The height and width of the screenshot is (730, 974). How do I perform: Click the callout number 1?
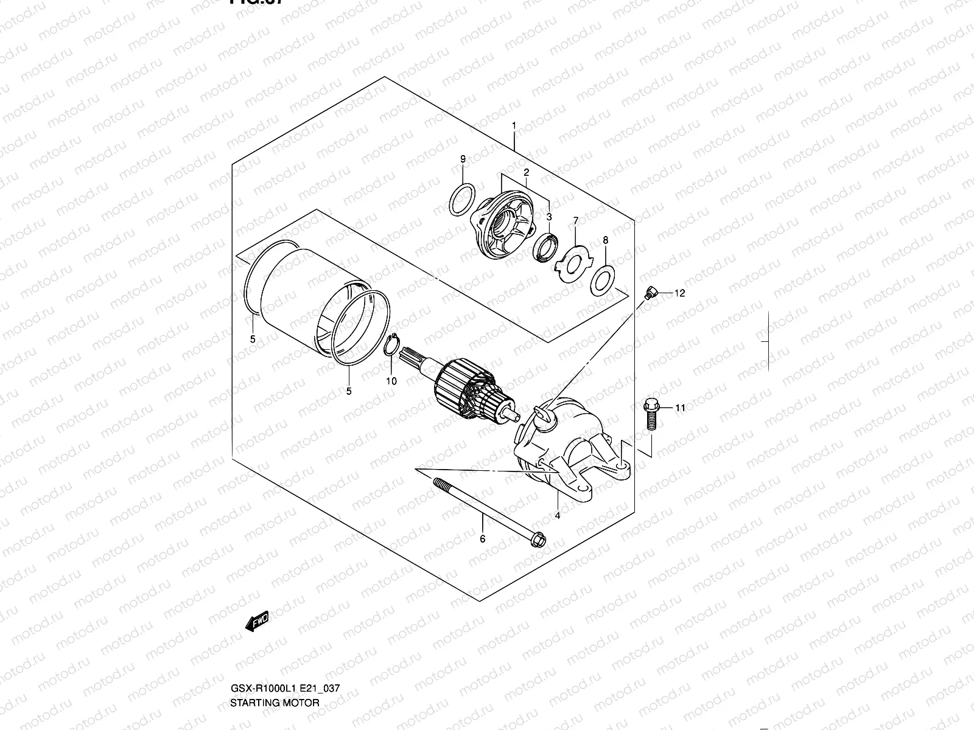(514, 126)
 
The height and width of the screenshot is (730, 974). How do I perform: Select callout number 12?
(679, 293)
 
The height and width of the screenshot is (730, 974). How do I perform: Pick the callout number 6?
(483, 538)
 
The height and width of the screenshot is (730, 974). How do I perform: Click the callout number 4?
(558, 515)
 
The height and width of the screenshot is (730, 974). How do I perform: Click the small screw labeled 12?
(651, 293)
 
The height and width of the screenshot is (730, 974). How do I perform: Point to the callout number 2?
(526, 173)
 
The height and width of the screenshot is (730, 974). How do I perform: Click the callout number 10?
(391, 381)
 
